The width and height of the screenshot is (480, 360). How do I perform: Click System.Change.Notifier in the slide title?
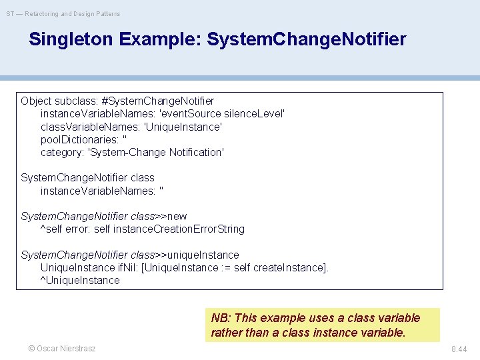tap(306, 39)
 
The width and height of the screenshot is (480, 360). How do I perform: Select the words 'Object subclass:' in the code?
tap(59, 101)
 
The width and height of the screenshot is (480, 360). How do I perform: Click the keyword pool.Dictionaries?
tap(80, 139)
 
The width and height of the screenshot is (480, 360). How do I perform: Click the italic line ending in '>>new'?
tap(104, 216)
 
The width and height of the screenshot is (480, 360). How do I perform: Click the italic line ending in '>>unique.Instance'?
tap(130, 255)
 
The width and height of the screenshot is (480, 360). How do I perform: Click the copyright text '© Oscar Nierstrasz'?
tap(61, 349)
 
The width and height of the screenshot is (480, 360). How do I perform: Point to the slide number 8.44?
tap(459, 349)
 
